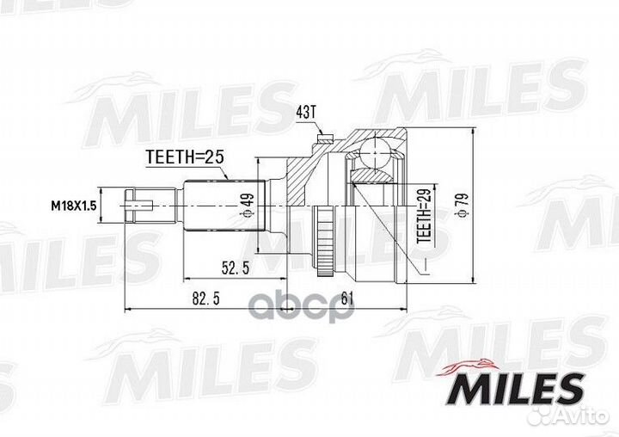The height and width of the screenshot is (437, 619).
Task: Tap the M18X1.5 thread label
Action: click(x=73, y=206)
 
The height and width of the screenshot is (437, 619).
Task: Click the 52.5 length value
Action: click(x=235, y=268)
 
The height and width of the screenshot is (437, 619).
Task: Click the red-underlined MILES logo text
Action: click(x=516, y=388)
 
